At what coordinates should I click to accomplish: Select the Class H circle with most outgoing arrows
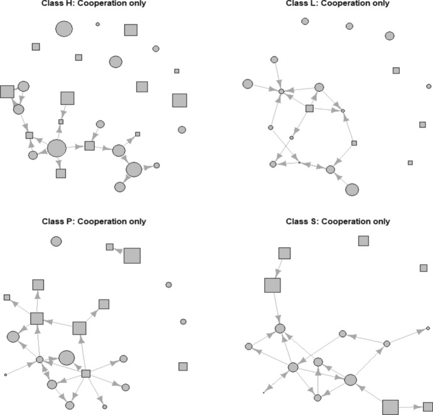(x=56, y=148)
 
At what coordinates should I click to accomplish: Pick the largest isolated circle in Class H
(x=64, y=29)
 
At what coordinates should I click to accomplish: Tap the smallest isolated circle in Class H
(x=97, y=24)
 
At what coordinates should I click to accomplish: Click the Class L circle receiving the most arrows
(x=282, y=92)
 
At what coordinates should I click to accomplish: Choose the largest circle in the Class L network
(x=352, y=189)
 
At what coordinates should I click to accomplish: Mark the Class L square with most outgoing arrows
(x=309, y=109)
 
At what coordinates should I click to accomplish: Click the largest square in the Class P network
(x=132, y=256)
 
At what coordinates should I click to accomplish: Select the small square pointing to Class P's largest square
(x=109, y=247)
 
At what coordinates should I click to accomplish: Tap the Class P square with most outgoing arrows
(x=86, y=374)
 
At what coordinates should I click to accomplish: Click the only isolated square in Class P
(x=183, y=366)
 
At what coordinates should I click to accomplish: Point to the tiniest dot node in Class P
(x=5, y=375)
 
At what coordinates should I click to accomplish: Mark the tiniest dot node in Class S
(x=264, y=392)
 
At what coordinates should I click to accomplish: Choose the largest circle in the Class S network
(x=350, y=379)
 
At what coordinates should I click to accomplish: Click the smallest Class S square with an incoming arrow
(x=427, y=407)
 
